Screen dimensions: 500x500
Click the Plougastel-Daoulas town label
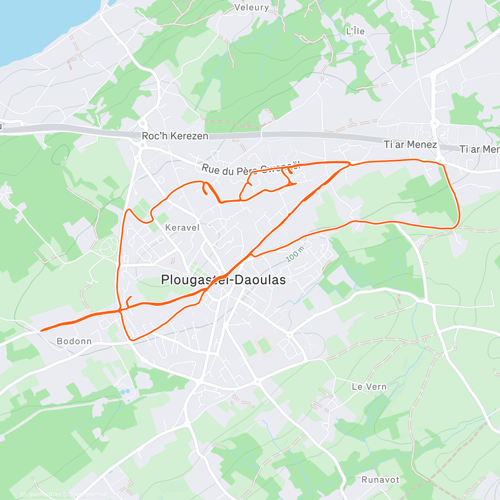click(x=223, y=280)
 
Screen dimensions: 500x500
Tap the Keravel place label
click(x=182, y=227)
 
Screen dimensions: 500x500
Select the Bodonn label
click(x=74, y=341)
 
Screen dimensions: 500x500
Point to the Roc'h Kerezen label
click(x=175, y=136)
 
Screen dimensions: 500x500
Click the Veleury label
click(x=252, y=7)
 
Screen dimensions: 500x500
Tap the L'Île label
click(x=355, y=31)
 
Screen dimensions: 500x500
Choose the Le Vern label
click(x=369, y=387)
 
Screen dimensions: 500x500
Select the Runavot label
click(x=380, y=480)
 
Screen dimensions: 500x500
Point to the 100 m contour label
click(x=295, y=254)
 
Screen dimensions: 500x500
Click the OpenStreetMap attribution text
click(x=87, y=495)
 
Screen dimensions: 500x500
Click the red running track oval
click(x=263, y=345)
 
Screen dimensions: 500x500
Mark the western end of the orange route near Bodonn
click(x=41, y=330)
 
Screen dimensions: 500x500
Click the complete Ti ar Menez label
click(x=410, y=145)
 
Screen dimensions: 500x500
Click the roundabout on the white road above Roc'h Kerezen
click(x=142, y=123)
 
